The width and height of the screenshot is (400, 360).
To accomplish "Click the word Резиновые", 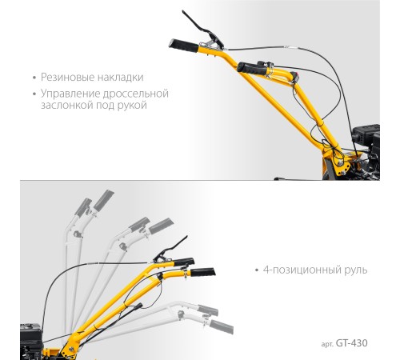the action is tap(68, 78).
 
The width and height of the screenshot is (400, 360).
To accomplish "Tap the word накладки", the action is tap(121, 78).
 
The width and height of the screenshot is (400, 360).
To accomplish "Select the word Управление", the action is tap(70, 94).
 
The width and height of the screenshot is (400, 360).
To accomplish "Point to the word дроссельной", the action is tap(135, 94).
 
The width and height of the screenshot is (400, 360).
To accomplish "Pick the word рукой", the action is tap(132, 106).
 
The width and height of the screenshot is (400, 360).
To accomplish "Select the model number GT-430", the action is tap(351, 343).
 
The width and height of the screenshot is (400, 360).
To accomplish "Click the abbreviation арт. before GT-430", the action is tap(327, 344).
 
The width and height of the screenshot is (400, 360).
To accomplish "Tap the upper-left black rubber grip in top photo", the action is tap(183, 46).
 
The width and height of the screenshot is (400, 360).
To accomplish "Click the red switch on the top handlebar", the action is tap(295, 76).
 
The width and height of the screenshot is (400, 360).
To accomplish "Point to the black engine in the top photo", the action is tap(366, 150).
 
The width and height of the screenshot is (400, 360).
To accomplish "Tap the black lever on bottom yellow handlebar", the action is tap(170, 249).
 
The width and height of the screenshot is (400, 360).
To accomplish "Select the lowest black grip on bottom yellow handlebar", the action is tap(202, 272).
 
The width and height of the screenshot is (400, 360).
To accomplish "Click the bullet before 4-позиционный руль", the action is tap(257, 270).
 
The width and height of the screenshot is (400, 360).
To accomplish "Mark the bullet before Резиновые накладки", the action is tap(34, 78).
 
